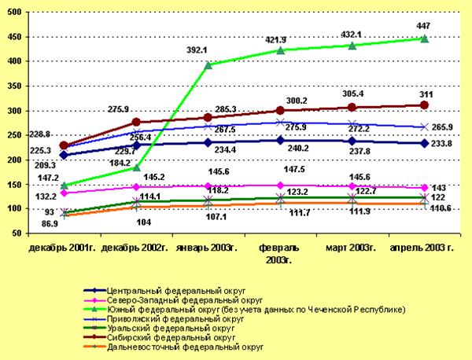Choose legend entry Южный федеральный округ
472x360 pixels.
[236, 309]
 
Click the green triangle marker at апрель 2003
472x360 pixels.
[424, 39]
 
